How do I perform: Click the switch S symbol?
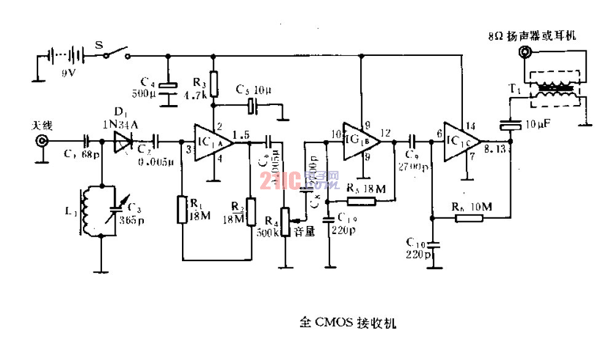click(x=117, y=54)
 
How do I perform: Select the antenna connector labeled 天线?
click(x=42, y=141)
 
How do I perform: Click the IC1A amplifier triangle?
click(x=212, y=143)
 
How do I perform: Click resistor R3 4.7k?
click(x=213, y=84)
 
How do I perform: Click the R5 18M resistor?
click(x=361, y=200)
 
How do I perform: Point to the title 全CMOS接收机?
click(x=352, y=321)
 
